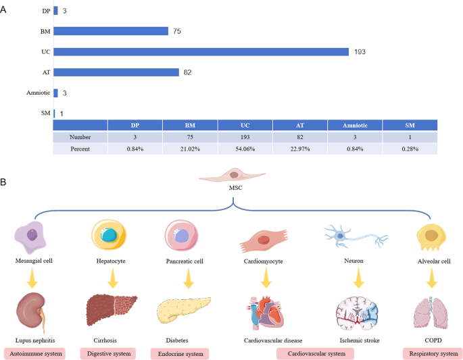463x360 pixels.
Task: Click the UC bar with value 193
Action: click(201, 52)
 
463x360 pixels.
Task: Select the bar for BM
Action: click(111, 31)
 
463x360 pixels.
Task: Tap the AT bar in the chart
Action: click(116, 72)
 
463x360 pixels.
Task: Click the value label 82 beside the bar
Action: click(188, 72)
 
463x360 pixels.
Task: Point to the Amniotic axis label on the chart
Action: click(36, 93)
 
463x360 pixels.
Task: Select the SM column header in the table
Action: click(409, 125)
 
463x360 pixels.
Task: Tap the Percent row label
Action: click(80, 149)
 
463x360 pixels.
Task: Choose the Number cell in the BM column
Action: click(189, 137)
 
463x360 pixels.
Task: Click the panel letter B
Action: click(5, 181)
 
